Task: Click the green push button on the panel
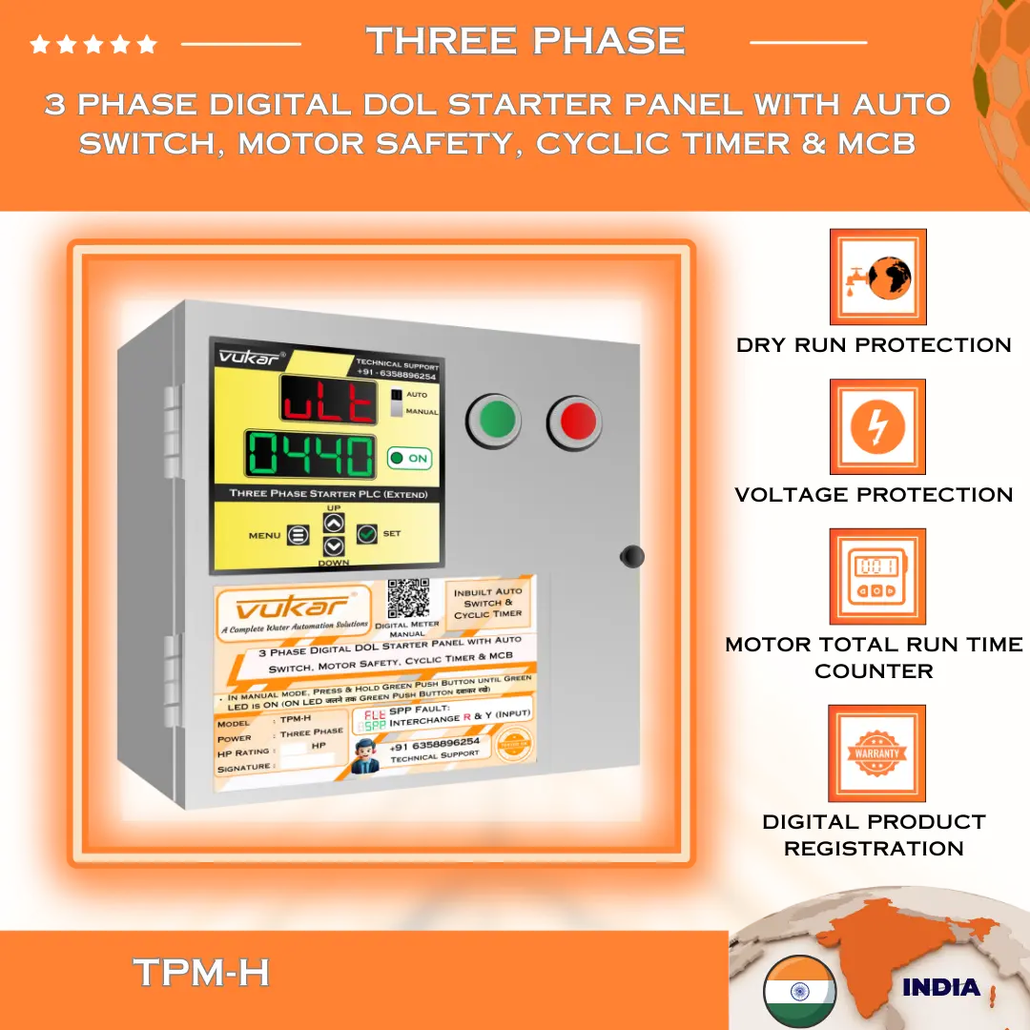click(493, 420)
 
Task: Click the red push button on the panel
click(575, 420)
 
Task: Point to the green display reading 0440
click(311, 455)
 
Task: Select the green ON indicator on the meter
click(409, 459)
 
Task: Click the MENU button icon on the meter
click(298, 536)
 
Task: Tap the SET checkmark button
click(367, 534)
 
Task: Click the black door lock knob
click(631, 556)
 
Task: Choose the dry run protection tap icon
click(877, 278)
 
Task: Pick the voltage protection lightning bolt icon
click(877, 427)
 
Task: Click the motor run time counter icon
click(877, 577)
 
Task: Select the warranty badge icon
click(877, 753)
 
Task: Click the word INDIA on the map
click(940, 987)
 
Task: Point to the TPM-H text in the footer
click(201, 973)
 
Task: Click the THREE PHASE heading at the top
click(525, 41)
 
